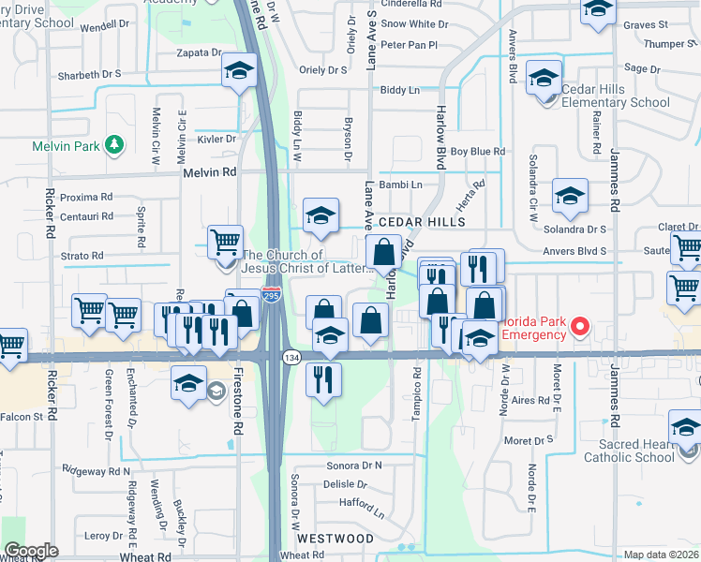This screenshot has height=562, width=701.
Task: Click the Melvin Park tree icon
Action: click(x=114, y=144)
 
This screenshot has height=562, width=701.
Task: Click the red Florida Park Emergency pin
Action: click(x=580, y=327)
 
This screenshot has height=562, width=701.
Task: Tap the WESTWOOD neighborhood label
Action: click(x=335, y=539)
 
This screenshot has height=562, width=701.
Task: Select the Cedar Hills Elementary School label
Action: click(x=615, y=96)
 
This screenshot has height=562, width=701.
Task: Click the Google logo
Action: click(x=31, y=551)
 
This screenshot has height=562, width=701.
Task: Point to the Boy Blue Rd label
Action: click(x=478, y=151)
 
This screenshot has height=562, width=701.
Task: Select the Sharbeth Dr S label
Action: click(x=90, y=74)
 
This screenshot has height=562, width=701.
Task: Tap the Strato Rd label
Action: click(x=82, y=255)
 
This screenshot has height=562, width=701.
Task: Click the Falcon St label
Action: click(x=23, y=416)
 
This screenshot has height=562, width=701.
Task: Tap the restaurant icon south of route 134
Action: click(x=324, y=379)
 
